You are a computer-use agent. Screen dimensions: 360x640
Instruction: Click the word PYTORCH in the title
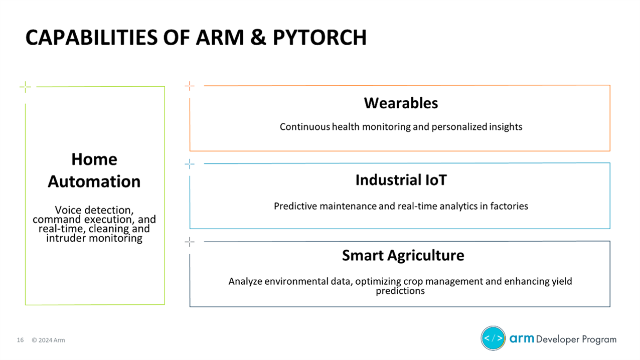(x=319, y=38)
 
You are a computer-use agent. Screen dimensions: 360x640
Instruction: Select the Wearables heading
(x=400, y=103)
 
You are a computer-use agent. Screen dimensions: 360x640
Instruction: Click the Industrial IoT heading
(x=400, y=181)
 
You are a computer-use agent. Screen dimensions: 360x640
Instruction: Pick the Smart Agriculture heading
(x=403, y=256)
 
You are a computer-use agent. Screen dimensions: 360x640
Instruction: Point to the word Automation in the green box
(x=94, y=182)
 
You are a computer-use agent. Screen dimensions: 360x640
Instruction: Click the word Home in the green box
(x=94, y=159)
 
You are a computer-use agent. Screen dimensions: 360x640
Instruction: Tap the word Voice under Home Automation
(x=69, y=210)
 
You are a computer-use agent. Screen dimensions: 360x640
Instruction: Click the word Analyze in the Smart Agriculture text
(x=246, y=281)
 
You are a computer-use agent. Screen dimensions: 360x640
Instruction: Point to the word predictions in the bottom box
(x=400, y=291)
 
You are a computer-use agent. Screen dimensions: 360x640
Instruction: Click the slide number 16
(x=21, y=340)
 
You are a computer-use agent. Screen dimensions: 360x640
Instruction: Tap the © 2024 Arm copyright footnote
(x=48, y=340)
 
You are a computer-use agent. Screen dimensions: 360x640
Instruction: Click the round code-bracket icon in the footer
(x=493, y=338)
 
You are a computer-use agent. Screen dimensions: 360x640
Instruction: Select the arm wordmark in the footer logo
(x=522, y=339)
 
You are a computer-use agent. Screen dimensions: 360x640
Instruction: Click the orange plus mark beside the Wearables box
(x=189, y=86)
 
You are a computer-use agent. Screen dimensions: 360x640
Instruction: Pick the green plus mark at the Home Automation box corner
(x=25, y=87)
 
